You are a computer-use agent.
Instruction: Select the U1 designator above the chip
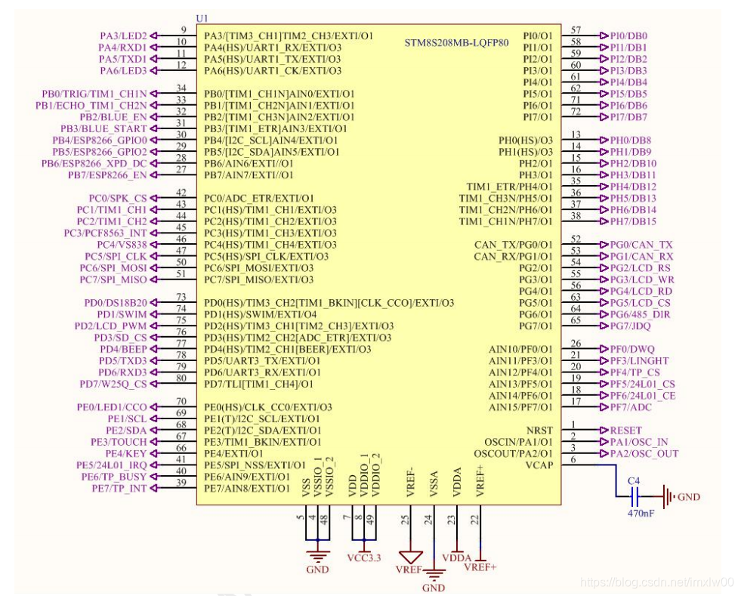202,17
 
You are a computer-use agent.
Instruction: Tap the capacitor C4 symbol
634,496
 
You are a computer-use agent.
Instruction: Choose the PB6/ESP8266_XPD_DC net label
94,163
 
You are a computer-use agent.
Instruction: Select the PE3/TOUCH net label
119,442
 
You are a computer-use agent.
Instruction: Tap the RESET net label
625,430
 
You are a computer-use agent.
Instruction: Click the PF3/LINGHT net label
639,361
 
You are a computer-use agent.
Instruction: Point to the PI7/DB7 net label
628,117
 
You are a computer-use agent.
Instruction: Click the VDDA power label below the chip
456,557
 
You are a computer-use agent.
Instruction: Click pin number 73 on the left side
181,297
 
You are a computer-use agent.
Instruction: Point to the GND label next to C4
689,497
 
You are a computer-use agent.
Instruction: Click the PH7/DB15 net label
633,221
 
